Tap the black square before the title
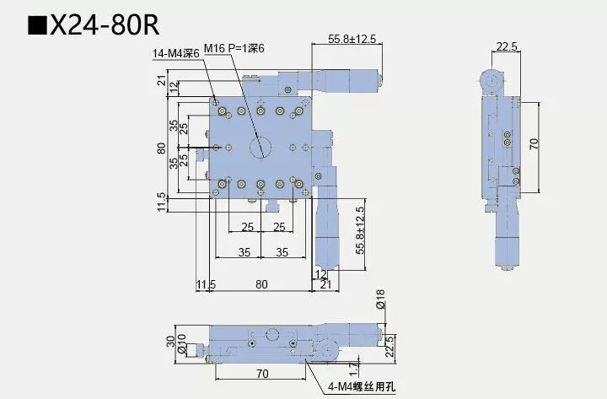pyautogui.click(x=37, y=24)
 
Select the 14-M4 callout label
pyautogui.click(x=176, y=53)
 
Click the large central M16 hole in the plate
pyautogui.click(x=261, y=147)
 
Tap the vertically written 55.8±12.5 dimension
pyautogui.click(x=360, y=230)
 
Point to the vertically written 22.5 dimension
pyautogui.click(x=388, y=346)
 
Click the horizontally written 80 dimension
pyautogui.click(x=261, y=284)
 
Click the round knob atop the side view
pyautogui.click(x=491, y=82)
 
